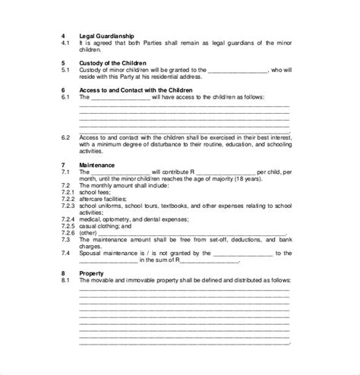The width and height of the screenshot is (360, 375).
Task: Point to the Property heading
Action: point(93,272)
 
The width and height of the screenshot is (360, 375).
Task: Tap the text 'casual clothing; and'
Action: point(106,225)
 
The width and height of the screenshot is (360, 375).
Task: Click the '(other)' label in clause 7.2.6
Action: point(89,232)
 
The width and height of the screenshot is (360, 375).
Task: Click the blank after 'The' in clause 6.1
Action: point(125,97)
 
